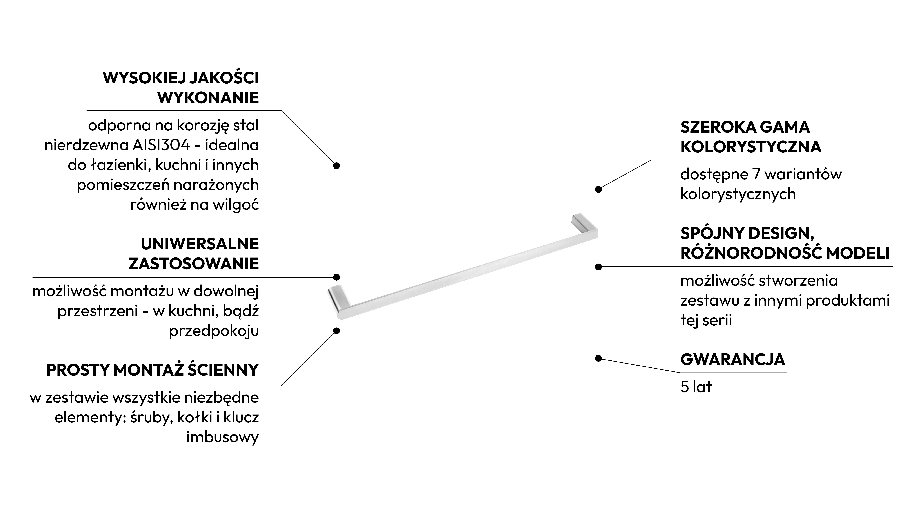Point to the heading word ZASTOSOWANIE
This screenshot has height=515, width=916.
click(194, 264)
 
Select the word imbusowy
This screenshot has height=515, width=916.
click(223, 437)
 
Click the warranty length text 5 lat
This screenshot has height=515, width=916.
click(696, 387)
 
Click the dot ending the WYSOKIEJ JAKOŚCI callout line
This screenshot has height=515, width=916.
click(336, 166)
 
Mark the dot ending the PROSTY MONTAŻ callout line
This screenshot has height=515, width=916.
click(336, 331)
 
